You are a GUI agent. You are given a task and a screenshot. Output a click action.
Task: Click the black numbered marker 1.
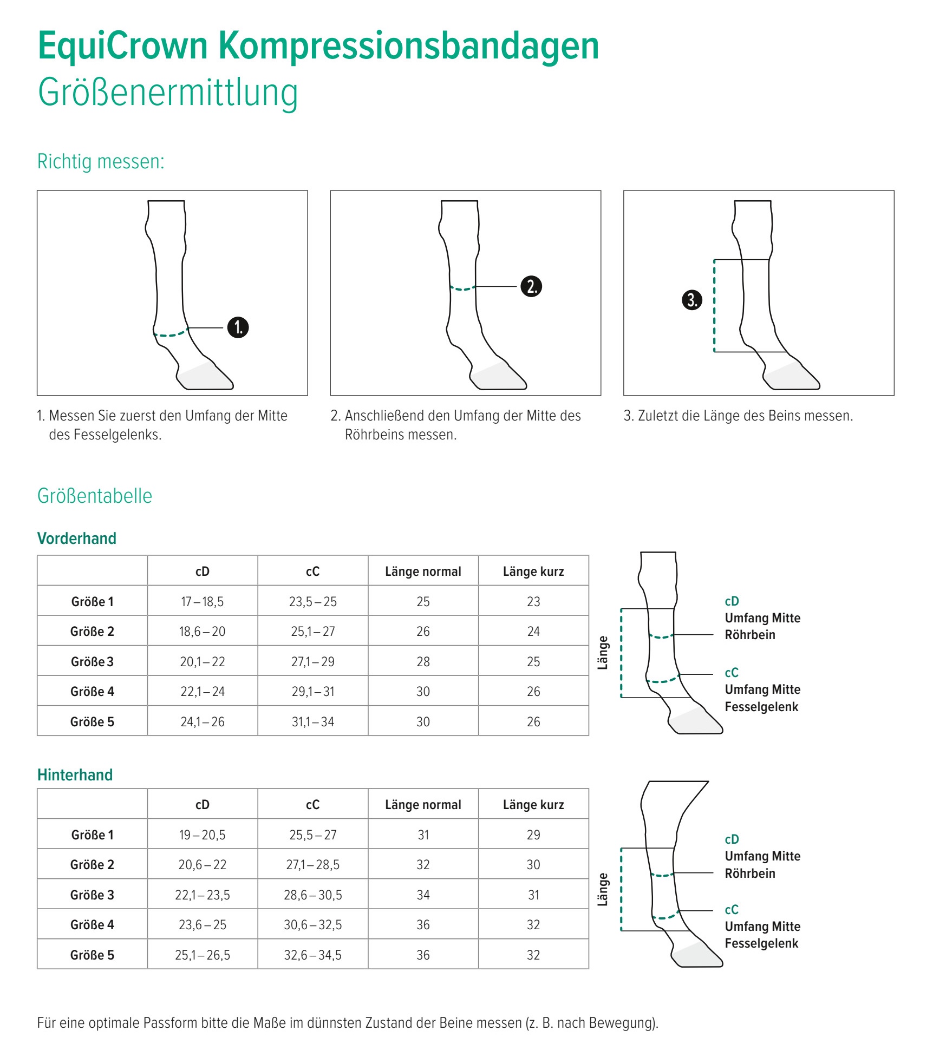[238, 327]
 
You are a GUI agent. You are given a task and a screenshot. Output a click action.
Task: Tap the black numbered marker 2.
[531, 286]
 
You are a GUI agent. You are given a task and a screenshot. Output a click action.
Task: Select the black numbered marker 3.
[691, 300]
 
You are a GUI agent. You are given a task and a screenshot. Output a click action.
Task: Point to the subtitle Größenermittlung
[168, 93]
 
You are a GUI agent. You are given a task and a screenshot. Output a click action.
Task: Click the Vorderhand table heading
[77, 538]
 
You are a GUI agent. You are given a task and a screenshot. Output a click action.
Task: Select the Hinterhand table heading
[75, 775]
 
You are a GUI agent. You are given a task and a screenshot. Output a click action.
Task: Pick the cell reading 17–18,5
[202, 601]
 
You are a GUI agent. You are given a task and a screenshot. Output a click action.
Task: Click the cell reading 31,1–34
[312, 721]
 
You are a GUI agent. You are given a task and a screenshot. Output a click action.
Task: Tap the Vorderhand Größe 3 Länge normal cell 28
[423, 661]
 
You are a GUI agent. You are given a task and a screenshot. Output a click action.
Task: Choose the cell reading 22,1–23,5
[202, 895]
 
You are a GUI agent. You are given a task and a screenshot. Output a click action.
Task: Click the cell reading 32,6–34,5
[312, 955]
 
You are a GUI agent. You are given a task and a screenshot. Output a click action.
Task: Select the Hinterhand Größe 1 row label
[92, 835]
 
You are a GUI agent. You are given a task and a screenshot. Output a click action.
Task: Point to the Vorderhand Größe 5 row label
[92, 721]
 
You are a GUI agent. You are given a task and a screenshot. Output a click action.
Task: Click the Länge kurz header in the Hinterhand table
[533, 805]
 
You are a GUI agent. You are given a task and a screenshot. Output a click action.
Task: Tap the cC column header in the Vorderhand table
[312, 572]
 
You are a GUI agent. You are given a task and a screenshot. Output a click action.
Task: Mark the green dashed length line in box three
[714, 306]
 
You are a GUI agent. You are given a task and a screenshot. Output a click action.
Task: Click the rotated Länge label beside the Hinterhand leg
[603, 889]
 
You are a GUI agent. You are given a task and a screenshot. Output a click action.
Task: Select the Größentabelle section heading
[95, 496]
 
